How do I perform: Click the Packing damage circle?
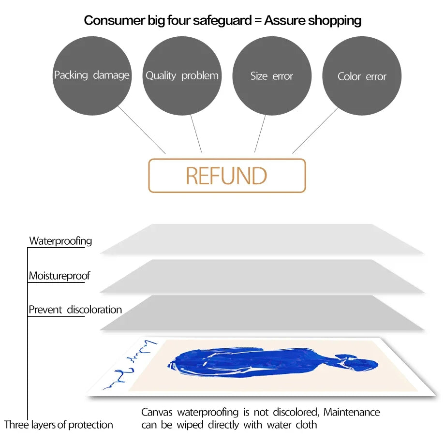91,76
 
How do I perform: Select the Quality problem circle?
182,76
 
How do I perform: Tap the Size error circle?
272,76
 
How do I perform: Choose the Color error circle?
362,76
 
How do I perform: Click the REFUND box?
227,176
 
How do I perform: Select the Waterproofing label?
60,240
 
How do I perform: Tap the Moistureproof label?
59,276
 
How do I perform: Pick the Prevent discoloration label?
75,310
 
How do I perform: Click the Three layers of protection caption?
59,425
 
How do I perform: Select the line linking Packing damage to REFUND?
141,130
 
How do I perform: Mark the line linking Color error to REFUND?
315,130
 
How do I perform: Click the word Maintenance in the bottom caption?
352,412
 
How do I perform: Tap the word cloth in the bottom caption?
306,425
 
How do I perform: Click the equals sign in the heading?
258,21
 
